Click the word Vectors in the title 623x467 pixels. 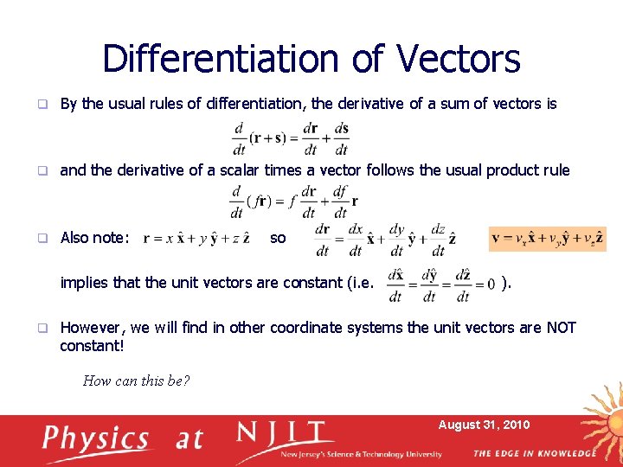click(459, 59)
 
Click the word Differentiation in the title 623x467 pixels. click(222, 59)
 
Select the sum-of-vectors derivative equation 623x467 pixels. click(290, 138)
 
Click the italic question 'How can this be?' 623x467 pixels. click(136, 381)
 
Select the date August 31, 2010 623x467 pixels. click(485, 425)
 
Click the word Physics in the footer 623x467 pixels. click(97, 438)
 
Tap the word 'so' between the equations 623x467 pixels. click(278, 237)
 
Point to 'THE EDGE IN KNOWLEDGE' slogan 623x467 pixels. click(535, 453)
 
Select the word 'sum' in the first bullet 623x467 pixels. click(461, 104)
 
